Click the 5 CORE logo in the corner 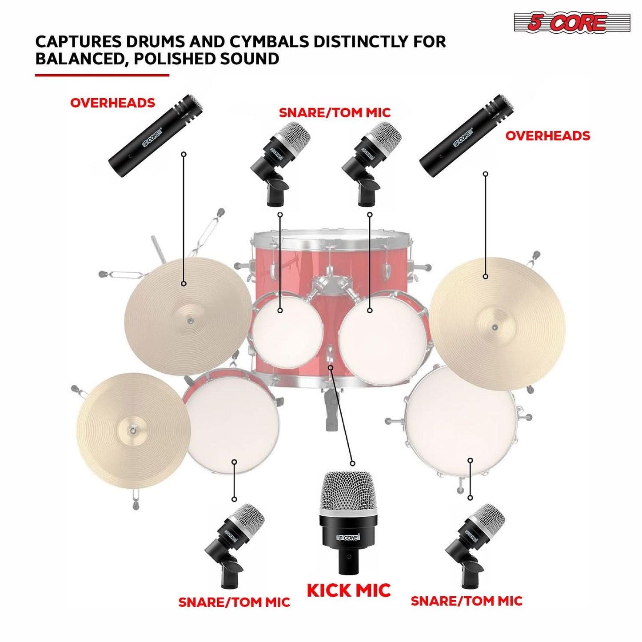pyautogui.click(x=572, y=23)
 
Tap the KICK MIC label pyautogui.click(x=348, y=590)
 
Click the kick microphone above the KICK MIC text pyautogui.click(x=348, y=520)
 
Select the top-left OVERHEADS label pyautogui.click(x=112, y=103)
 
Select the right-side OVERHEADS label pyautogui.click(x=547, y=136)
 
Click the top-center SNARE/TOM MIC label pyautogui.click(x=335, y=113)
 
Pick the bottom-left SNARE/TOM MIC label pyautogui.click(x=234, y=602)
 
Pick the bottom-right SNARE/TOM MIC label pyautogui.click(x=467, y=601)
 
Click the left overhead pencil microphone pyautogui.click(x=156, y=136)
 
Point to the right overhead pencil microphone pyautogui.click(x=467, y=136)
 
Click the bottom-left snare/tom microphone pyautogui.click(x=233, y=544)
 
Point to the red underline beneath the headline pyautogui.click(x=102, y=75)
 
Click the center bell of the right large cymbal pyautogui.click(x=494, y=327)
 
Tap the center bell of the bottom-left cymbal pyautogui.click(x=132, y=430)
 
